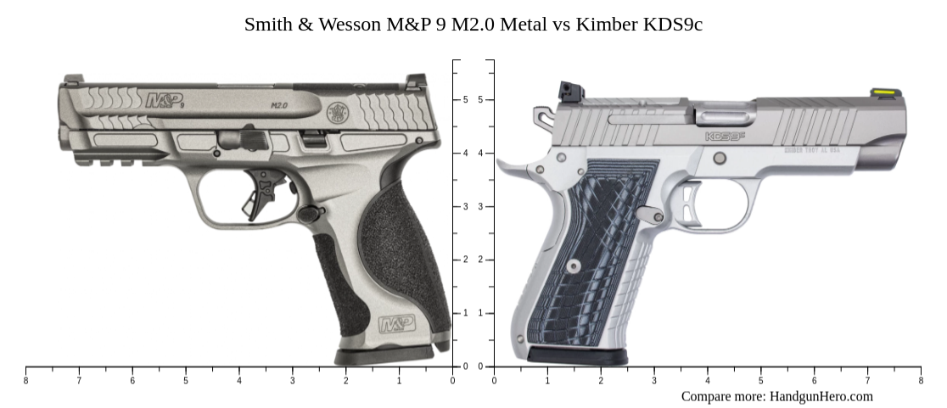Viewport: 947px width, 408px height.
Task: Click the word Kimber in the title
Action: point(607,25)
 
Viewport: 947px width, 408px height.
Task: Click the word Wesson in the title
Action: point(350,25)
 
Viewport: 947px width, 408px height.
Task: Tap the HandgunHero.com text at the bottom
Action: point(821,396)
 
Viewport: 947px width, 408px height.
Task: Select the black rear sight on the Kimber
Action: point(567,91)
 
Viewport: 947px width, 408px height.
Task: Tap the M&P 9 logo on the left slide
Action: point(165,101)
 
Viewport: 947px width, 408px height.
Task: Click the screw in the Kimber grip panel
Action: point(574,266)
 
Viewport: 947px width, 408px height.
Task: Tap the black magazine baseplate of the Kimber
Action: point(577,356)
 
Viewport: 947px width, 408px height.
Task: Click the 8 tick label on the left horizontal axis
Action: point(25,381)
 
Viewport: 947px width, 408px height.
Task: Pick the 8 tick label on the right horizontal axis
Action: point(920,381)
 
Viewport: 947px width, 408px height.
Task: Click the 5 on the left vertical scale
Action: point(465,100)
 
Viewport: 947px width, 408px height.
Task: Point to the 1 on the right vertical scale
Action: point(481,314)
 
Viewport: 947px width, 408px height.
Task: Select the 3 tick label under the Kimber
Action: point(653,381)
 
